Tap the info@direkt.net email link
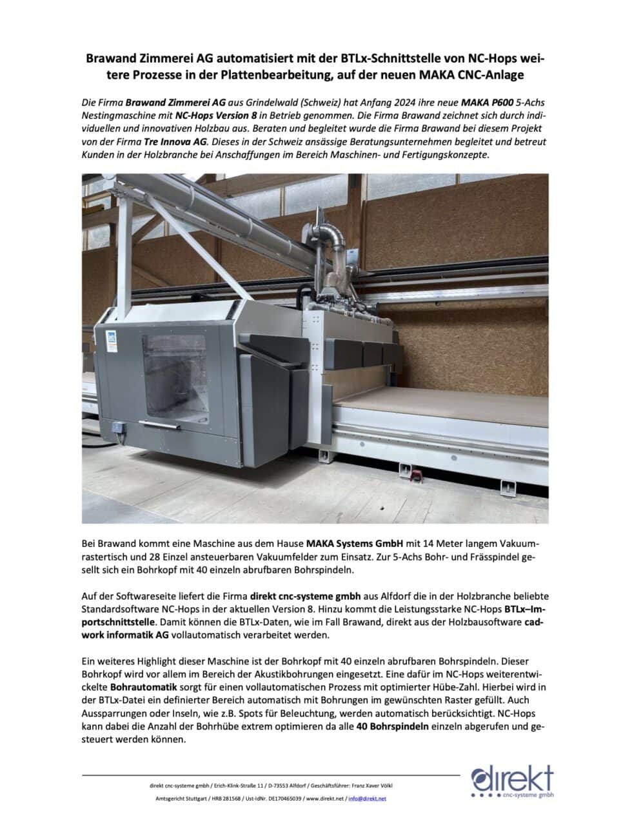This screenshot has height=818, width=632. click(367, 799)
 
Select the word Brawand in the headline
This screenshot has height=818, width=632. click(115, 59)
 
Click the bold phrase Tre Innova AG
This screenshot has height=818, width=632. click(175, 141)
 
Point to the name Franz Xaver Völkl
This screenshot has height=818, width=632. click(371, 786)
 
